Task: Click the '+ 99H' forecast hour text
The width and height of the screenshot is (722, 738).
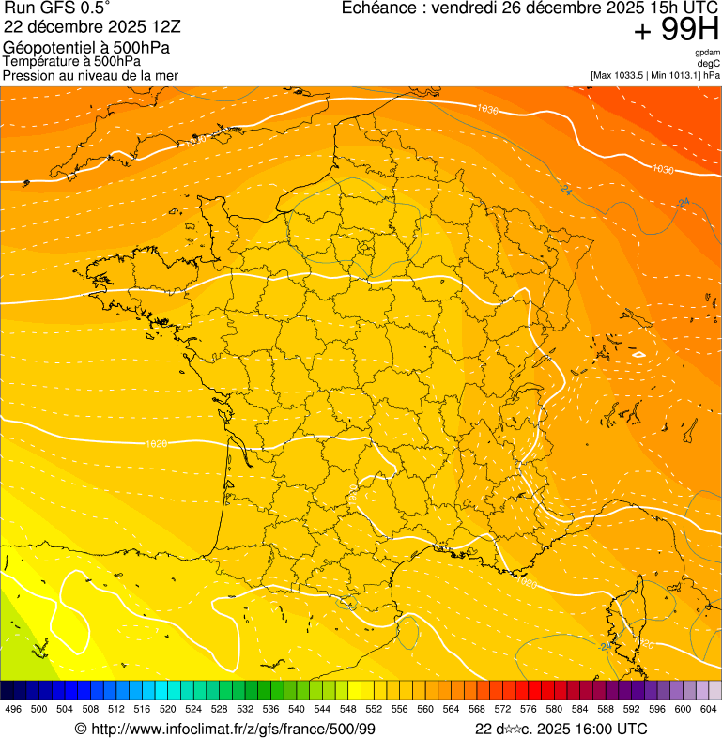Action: (x=676, y=30)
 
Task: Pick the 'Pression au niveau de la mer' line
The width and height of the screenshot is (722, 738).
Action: (x=90, y=75)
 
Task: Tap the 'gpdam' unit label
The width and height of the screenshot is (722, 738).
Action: (x=708, y=53)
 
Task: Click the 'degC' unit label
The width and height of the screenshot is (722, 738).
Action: (x=710, y=63)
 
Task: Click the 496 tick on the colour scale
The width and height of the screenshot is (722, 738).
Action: (x=13, y=710)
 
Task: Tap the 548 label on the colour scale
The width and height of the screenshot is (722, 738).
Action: (x=347, y=710)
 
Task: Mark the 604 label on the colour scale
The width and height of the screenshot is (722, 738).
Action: (x=708, y=710)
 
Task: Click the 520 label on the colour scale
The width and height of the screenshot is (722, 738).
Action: (x=167, y=710)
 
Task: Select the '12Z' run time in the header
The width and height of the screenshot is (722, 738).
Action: (x=153, y=26)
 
